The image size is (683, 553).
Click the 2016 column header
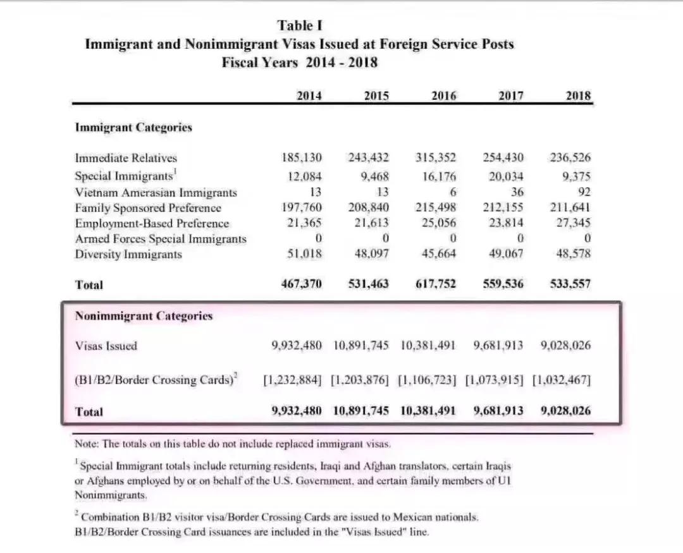[443, 96]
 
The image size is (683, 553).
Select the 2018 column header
[578, 96]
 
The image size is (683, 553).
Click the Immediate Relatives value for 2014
[302, 158]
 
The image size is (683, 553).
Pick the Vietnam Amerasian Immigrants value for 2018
[584, 192]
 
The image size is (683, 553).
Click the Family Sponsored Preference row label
[148, 208]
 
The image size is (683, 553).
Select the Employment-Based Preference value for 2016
[438, 223]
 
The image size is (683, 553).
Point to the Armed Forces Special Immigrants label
[161, 239]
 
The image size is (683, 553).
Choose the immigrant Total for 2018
[570, 284]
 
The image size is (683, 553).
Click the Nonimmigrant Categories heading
[144, 316]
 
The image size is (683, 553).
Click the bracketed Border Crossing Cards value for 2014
[292, 381]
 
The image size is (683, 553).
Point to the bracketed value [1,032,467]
[562, 381]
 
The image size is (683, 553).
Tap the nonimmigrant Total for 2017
[498, 411]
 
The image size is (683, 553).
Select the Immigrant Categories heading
[133, 128]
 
